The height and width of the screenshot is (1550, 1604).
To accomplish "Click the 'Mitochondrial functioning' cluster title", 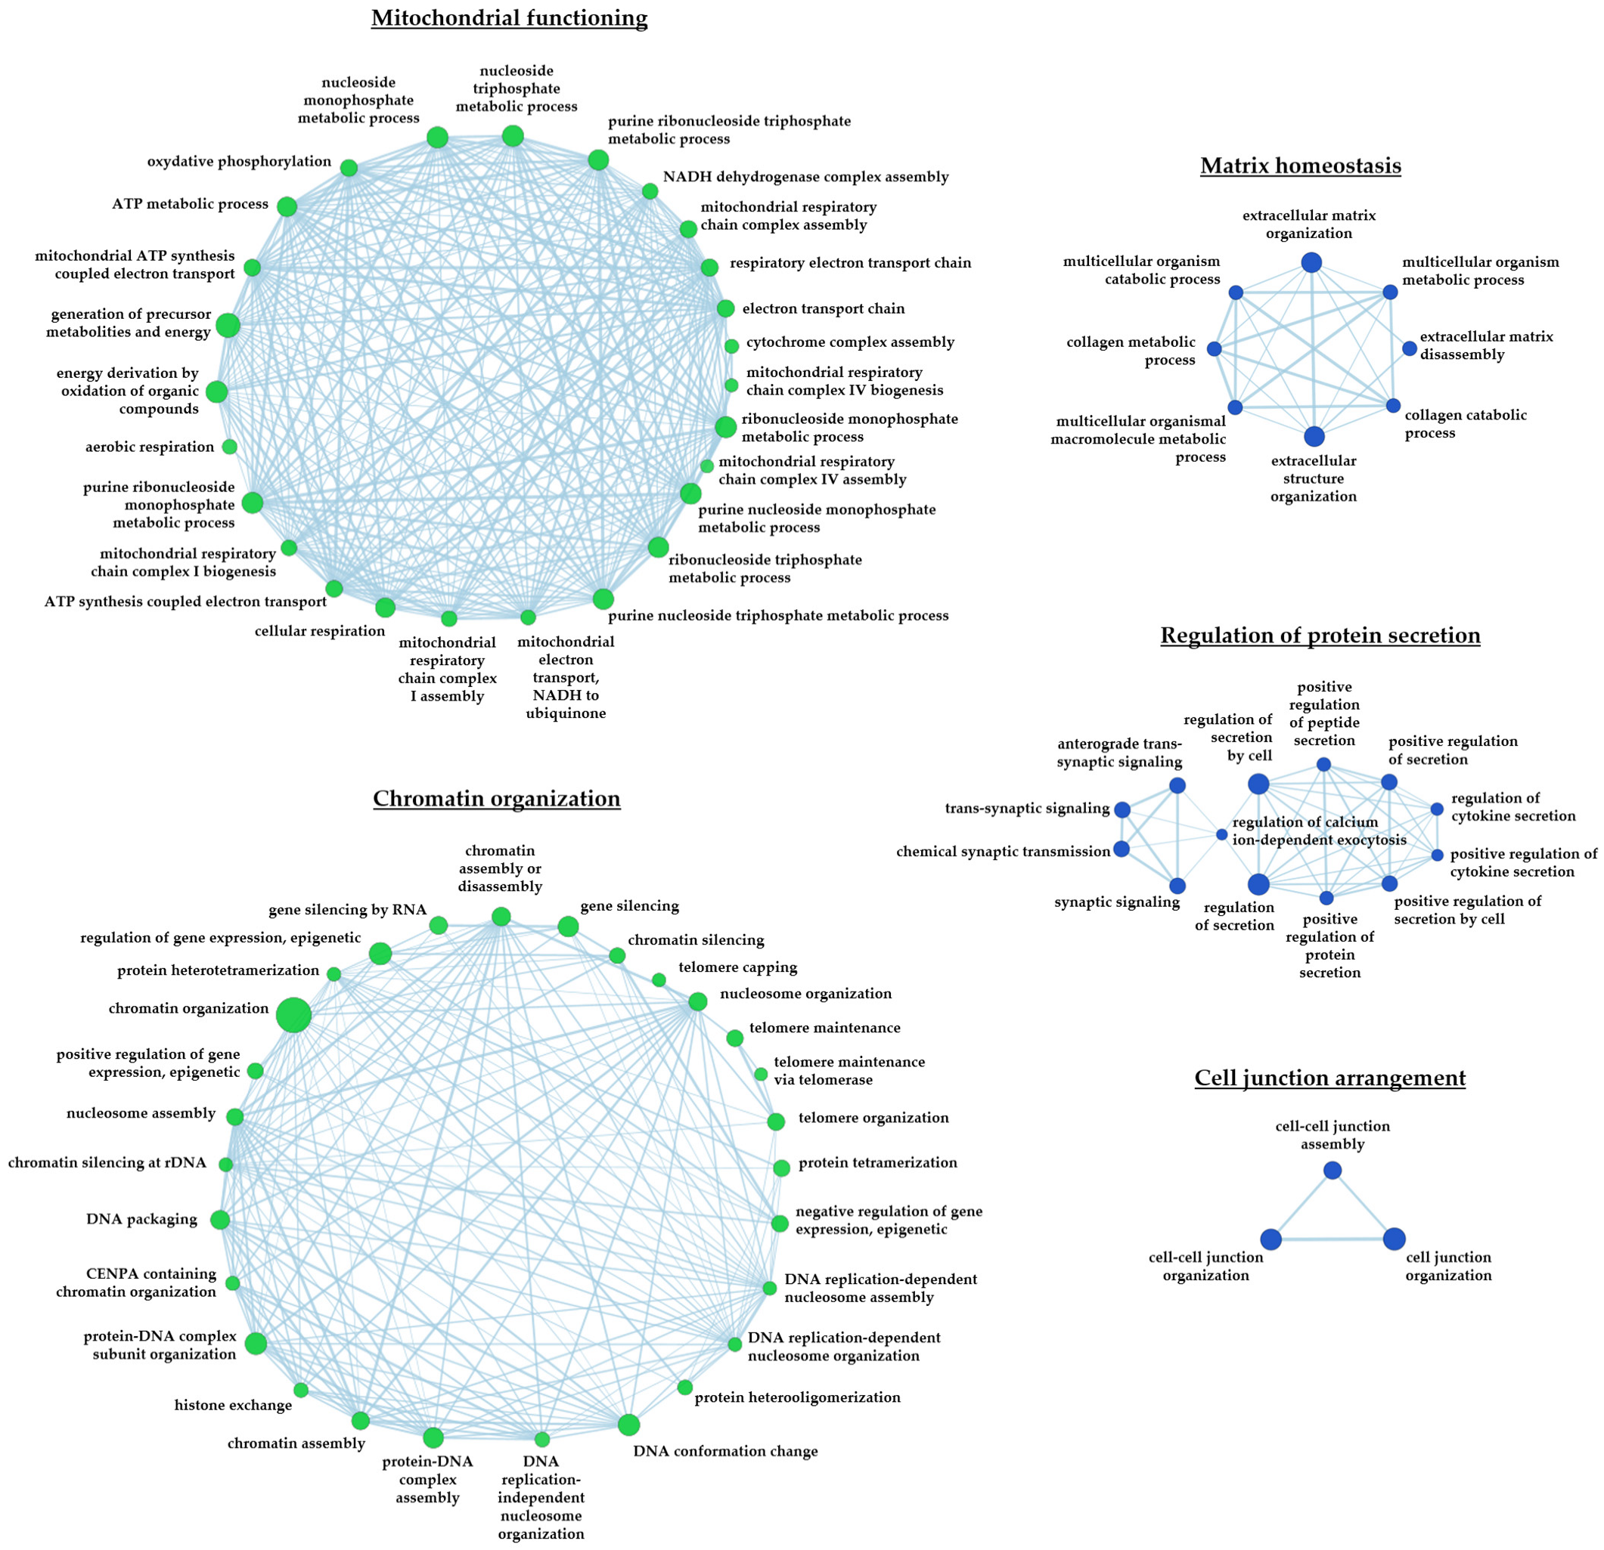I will tap(509, 18).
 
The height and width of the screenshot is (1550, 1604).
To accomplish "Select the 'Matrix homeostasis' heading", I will tap(1301, 166).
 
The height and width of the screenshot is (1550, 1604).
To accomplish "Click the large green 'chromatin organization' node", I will tap(293, 1015).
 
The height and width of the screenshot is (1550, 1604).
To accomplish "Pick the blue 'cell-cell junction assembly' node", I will tap(1333, 1171).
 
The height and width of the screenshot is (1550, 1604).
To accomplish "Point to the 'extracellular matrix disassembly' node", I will tap(1409, 348).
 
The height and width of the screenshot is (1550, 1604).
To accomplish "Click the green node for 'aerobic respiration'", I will tap(230, 447).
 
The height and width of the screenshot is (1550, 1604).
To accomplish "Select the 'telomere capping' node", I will tap(659, 980).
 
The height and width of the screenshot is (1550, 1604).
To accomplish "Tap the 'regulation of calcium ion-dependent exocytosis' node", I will tap(1222, 834).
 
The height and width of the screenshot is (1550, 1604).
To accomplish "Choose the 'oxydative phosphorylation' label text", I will tap(239, 162).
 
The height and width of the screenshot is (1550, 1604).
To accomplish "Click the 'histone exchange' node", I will tap(301, 1390).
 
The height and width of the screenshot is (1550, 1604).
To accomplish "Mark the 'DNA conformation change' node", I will tap(628, 1425).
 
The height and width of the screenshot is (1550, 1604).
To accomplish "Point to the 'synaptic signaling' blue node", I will tap(1177, 886).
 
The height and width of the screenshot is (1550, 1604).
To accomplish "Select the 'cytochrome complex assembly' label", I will tap(850, 342).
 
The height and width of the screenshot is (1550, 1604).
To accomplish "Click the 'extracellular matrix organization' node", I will tap(1312, 262).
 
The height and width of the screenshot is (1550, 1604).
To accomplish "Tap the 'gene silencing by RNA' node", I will tap(439, 925).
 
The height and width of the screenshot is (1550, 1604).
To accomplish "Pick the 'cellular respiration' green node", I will tap(386, 608).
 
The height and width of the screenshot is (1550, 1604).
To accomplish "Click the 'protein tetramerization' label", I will tap(877, 1162).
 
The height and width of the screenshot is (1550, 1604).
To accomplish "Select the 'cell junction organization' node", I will tap(1395, 1239).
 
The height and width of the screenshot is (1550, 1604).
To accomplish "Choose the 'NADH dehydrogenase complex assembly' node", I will tap(650, 191).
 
